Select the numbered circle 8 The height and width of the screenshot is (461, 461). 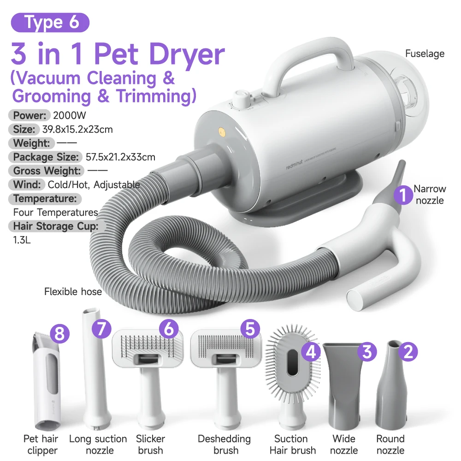pyautogui.click(x=59, y=333)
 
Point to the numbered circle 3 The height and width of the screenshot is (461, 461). pyautogui.click(x=367, y=352)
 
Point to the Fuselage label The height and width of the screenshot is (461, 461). pyautogui.click(x=425, y=53)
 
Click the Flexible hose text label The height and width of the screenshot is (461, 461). pyautogui.click(x=73, y=291)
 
